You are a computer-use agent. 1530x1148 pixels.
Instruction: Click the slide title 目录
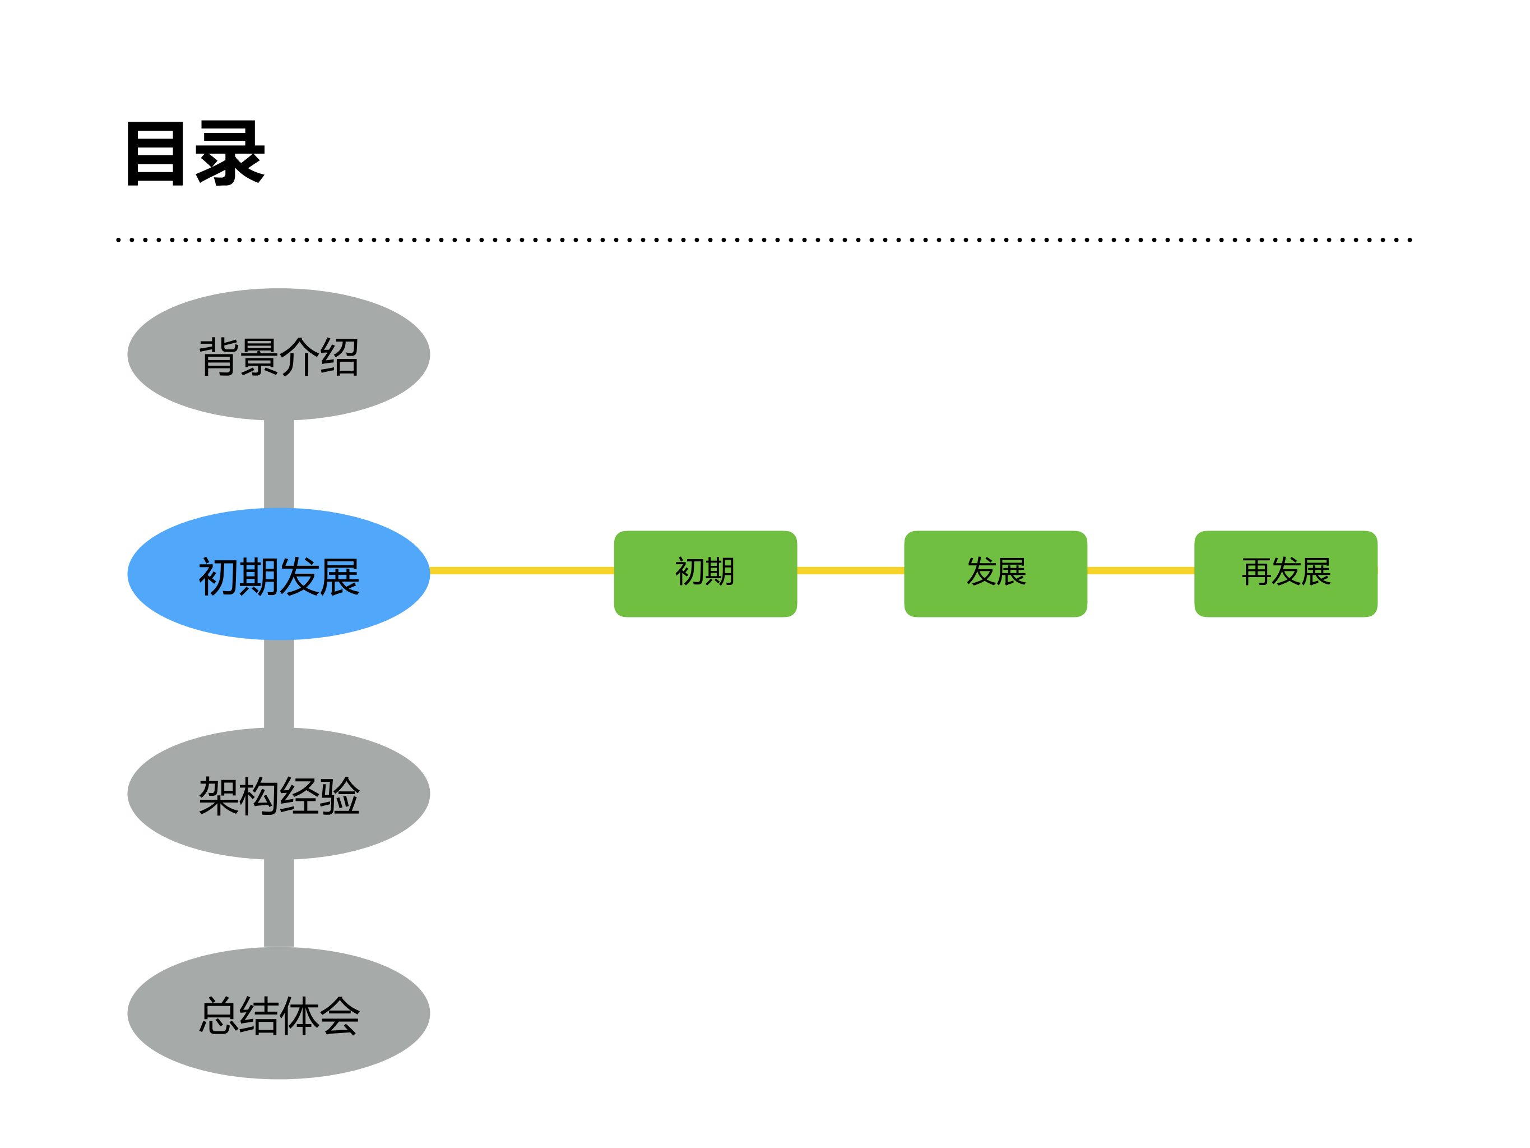pyautogui.click(x=196, y=153)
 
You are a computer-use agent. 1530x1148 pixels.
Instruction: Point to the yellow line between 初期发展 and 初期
pyautogui.click(x=522, y=571)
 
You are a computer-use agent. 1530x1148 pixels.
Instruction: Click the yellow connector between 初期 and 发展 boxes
pyautogui.click(x=851, y=571)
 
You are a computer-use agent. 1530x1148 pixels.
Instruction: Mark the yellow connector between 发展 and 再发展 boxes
pyautogui.click(x=1140, y=571)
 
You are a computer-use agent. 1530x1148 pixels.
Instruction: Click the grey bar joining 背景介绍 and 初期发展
pyautogui.click(x=279, y=464)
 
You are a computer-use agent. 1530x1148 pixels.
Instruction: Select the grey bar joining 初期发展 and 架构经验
pyautogui.click(x=279, y=683)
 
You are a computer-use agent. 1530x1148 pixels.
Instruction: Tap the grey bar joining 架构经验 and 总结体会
pyautogui.click(x=279, y=902)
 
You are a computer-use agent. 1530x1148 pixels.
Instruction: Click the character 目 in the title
pyautogui.click(x=156, y=153)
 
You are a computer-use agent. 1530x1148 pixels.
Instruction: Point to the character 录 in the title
pyautogui.click(x=230, y=153)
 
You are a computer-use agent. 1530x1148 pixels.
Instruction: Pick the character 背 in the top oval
pyautogui.click(x=219, y=357)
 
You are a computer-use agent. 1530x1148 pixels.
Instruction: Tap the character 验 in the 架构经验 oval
pyautogui.click(x=340, y=796)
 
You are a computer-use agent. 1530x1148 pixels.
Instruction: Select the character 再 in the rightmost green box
pyautogui.click(x=1256, y=571)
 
